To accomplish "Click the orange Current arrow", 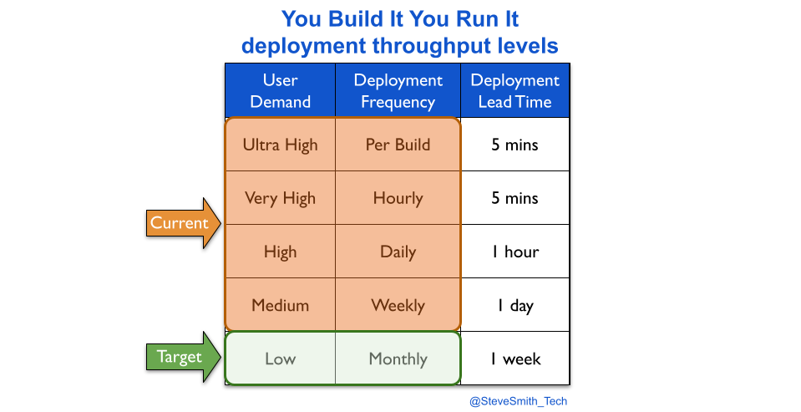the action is click(184, 223).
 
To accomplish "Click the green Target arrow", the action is click(184, 357).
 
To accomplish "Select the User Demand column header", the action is click(281, 90).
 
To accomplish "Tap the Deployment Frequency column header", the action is click(398, 90).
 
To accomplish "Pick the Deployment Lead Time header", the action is click(515, 90).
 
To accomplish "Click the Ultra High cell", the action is click(281, 145).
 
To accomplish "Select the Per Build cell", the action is click(398, 145).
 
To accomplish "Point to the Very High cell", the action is click(281, 198).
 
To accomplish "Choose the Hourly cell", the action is click(398, 198).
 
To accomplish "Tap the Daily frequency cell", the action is click(398, 252).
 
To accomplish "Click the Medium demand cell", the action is click(281, 305).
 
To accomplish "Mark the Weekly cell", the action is click(398, 305).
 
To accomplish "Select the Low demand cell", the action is click(281, 359).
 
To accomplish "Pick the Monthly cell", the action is click(398, 359).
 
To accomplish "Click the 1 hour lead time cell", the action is click(515, 252).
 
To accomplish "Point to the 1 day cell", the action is click(515, 305).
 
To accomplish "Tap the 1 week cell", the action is click(515, 359).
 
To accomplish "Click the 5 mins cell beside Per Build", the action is click(515, 145).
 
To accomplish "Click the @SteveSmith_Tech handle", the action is click(518, 401).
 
